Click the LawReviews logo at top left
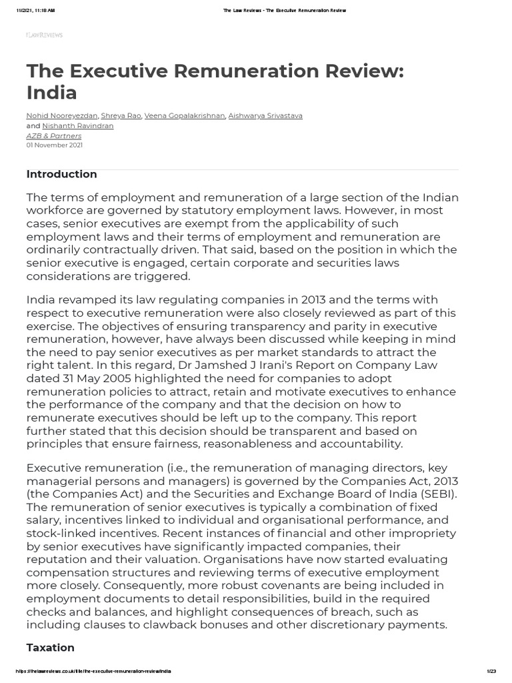point(44,35)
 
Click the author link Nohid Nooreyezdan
point(62,115)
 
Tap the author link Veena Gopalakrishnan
point(185,115)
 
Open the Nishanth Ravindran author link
point(78,125)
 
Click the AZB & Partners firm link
point(54,135)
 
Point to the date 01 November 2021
point(55,145)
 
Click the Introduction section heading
point(61,174)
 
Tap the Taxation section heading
point(50,648)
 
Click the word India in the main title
point(52,92)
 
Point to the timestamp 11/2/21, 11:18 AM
point(37,11)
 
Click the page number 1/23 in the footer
point(492,671)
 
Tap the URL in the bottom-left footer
point(90,671)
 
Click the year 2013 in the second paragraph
point(302,299)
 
